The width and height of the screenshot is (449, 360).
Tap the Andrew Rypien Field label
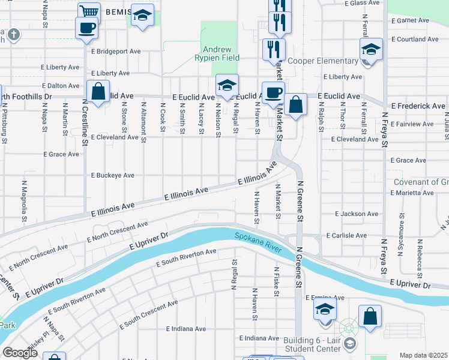click(221, 54)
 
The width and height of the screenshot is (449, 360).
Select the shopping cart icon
click(89, 12)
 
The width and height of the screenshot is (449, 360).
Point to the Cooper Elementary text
click(322, 61)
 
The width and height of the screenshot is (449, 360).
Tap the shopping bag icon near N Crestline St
click(97, 92)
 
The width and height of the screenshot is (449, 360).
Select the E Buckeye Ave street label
click(113, 176)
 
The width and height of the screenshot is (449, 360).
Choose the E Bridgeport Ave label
click(116, 52)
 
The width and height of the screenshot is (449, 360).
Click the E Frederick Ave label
click(418, 106)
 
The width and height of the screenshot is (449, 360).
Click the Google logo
click(20, 353)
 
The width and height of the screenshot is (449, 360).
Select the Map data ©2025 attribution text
click(423, 355)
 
